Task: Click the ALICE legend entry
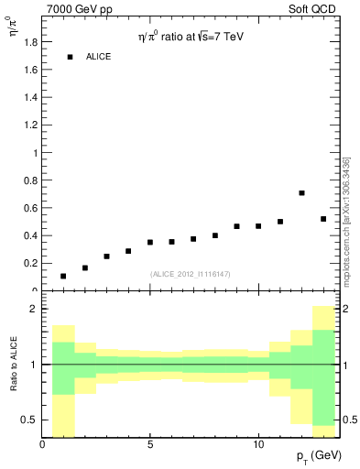[98, 57]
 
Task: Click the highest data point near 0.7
[301, 193]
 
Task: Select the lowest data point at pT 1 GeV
[63, 276]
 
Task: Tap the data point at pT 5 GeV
[150, 243]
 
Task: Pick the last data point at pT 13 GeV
[323, 219]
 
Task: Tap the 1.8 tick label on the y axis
[29, 42]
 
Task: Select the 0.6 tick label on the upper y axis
[29, 208]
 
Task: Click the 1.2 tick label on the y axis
[29, 125]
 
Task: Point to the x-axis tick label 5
[150, 445]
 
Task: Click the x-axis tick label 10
[258, 445]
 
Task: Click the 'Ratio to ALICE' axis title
[14, 365]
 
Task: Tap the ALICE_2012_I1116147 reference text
[190, 274]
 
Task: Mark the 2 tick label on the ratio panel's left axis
[32, 310]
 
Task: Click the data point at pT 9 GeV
[236, 226]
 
